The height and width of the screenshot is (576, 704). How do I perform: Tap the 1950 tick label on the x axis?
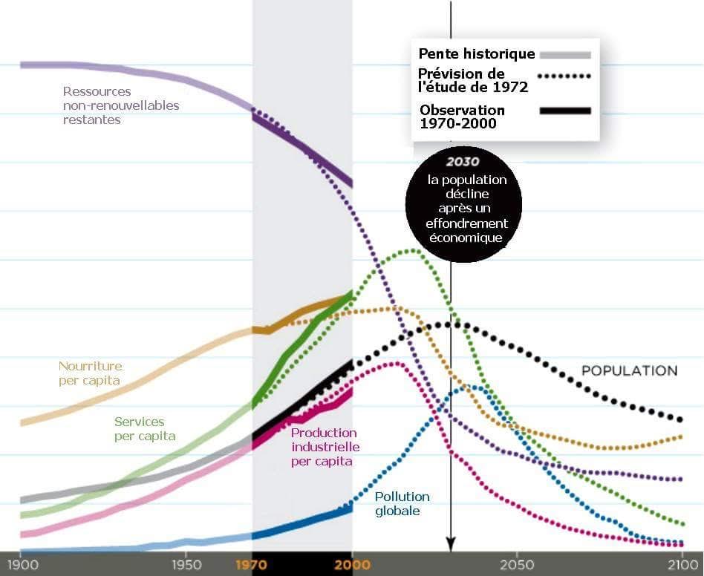click(186, 564)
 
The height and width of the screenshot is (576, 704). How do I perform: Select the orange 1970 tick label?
click(252, 564)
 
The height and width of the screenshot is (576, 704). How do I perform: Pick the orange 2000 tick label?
click(351, 564)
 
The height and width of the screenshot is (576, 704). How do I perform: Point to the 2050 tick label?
click(517, 564)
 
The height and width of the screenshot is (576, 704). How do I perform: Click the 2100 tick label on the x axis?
click(682, 564)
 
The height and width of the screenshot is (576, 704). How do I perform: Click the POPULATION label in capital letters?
click(629, 370)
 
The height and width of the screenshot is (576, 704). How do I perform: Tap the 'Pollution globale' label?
click(402, 504)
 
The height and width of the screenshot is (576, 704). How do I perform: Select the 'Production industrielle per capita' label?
click(325, 447)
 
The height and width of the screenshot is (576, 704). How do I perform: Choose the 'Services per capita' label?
click(145, 429)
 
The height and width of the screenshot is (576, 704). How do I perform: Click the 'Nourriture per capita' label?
click(90, 373)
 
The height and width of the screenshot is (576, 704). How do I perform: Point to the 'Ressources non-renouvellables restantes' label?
click(121, 105)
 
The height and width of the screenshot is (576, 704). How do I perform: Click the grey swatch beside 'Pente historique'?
click(565, 54)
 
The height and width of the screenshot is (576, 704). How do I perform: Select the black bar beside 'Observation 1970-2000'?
click(565, 111)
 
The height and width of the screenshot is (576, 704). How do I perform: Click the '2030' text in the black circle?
click(463, 162)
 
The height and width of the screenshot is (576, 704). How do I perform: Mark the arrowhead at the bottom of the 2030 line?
click(449, 543)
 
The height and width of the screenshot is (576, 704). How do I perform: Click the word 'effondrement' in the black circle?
click(463, 223)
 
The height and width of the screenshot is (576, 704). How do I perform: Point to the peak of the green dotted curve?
click(411, 250)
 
